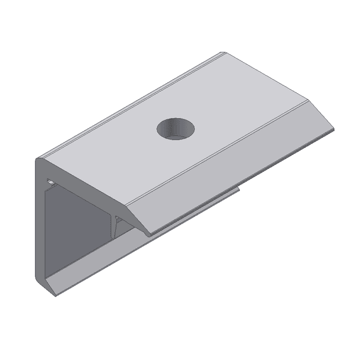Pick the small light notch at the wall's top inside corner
pos(50,181)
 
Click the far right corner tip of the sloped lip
pos(335,131)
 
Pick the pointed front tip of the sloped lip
pos(149,235)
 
